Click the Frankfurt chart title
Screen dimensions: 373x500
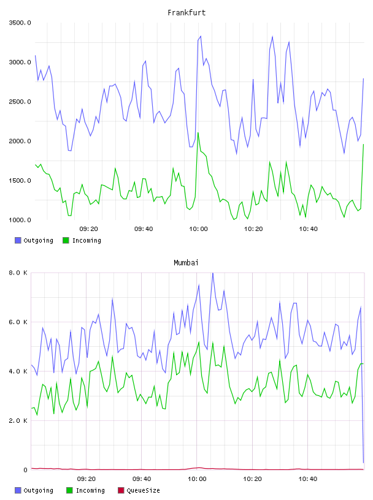click(x=186, y=13)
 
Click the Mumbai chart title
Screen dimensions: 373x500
click(x=186, y=263)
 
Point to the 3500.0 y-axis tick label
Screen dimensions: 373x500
click(x=20, y=23)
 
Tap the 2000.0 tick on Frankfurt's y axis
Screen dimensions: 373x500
click(x=20, y=141)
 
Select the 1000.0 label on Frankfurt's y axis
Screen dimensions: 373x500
click(x=20, y=220)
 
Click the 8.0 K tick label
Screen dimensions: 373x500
click(x=18, y=273)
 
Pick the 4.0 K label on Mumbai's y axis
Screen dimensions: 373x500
click(x=18, y=371)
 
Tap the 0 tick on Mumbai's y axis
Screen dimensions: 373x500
click(x=26, y=470)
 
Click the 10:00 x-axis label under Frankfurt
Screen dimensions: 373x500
click(x=198, y=229)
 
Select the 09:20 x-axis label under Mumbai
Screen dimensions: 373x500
click(x=87, y=479)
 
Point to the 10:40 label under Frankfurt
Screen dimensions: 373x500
click(x=308, y=229)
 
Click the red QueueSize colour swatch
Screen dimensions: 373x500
click(x=121, y=490)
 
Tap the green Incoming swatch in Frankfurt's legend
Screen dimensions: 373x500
click(x=66, y=240)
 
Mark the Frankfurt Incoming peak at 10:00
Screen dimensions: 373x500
click(x=198, y=132)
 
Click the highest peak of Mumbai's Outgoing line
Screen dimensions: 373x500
click(x=213, y=273)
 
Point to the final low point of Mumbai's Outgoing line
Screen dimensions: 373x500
click(x=363, y=463)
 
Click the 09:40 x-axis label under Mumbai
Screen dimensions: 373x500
click(x=142, y=479)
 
